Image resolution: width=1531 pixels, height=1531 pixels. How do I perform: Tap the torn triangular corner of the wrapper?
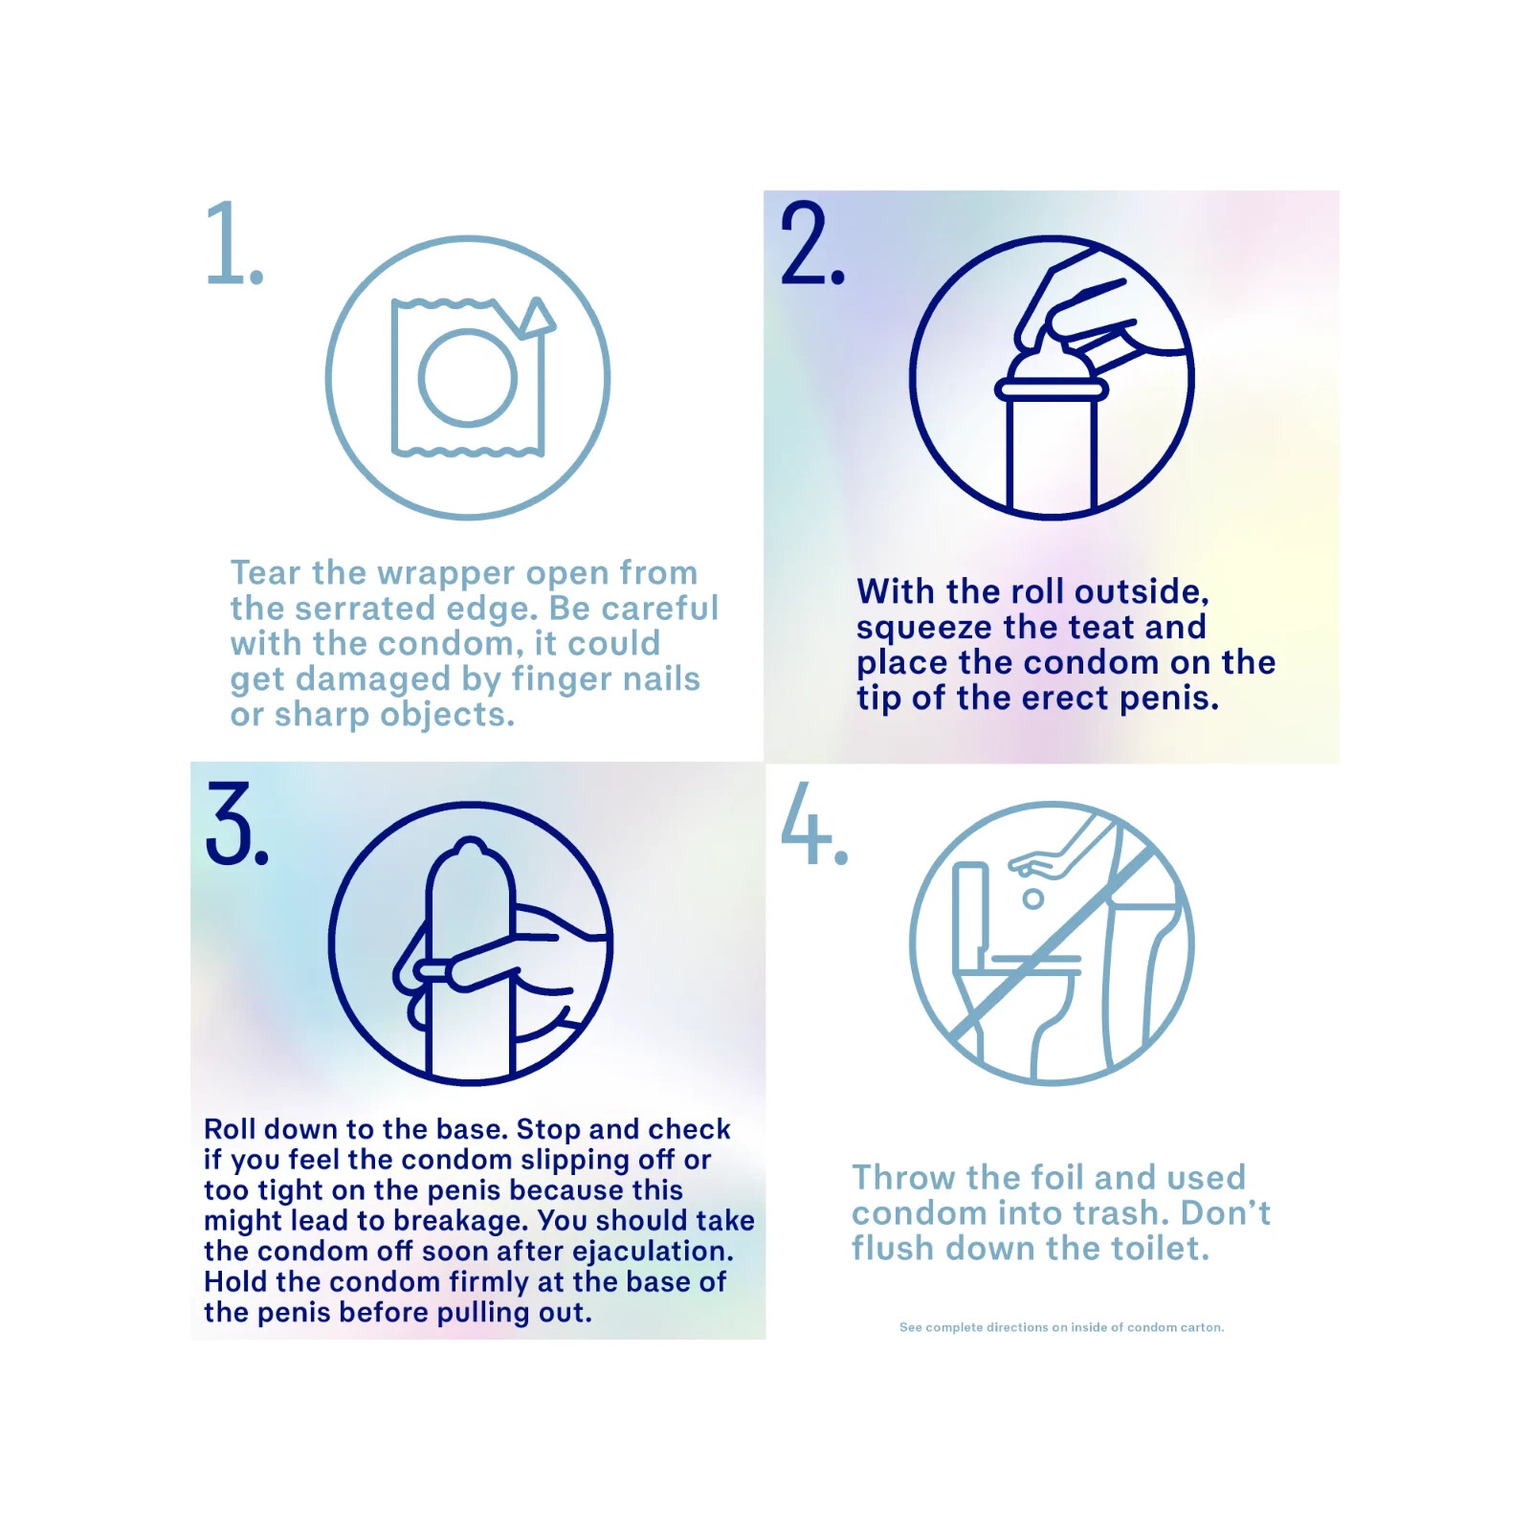click(x=539, y=317)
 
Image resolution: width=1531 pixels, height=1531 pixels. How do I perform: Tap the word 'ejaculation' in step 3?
click(x=652, y=1253)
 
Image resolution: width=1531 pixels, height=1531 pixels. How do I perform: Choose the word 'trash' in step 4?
click(x=1119, y=1213)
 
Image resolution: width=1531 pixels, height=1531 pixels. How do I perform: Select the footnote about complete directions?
click(x=1061, y=1327)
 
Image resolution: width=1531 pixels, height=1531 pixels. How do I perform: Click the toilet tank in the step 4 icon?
click(x=970, y=907)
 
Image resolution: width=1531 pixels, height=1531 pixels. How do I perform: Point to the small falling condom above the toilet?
click(x=1032, y=899)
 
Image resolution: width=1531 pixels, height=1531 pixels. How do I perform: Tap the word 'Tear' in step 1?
click(x=266, y=573)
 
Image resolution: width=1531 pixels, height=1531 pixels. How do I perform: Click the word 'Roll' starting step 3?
click(x=230, y=1130)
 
